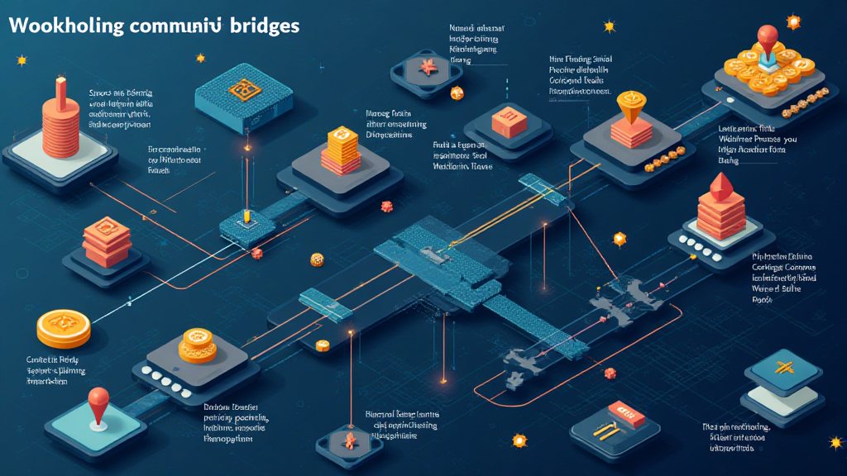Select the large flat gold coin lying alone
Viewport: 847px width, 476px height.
(64, 327)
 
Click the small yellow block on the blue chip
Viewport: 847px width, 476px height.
(246, 216)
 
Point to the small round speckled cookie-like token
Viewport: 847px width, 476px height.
(316, 260)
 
